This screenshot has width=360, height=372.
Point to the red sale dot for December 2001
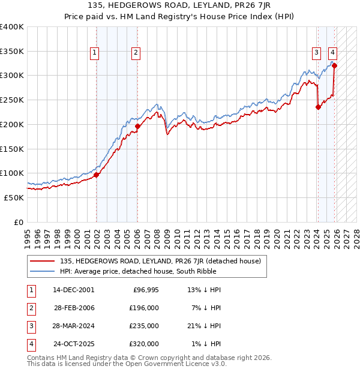tap(96, 175)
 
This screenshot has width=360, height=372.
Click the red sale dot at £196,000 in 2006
tap(137, 126)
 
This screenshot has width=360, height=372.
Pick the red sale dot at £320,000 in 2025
tap(334, 65)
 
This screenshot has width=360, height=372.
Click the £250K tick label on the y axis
tap(11, 100)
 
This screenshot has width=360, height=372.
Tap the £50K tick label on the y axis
tap(14, 197)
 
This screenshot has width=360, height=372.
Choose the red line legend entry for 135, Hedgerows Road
tap(160, 261)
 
